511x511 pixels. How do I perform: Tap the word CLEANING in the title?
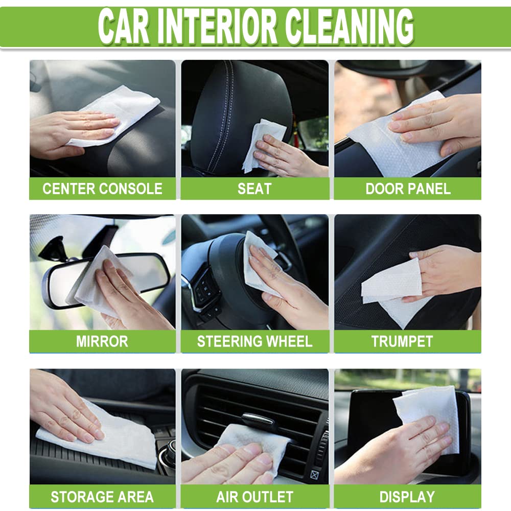pyautogui.click(x=349, y=26)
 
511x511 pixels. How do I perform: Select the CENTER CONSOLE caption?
pyautogui.click(x=102, y=189)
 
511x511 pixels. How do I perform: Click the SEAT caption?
pyautogui.click(x=254, y=189)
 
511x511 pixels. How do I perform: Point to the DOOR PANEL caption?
pyautogui.click(x=408, y=189)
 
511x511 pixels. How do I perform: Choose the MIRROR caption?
pyautogui.click(x=102, y=341)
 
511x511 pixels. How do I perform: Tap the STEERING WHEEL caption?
pyautogui.click(x=254, y=341)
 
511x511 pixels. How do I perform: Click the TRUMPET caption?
pyautogui.click(x=402, y=341)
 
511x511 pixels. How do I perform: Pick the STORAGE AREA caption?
pyautogui.click(x=102, y=496)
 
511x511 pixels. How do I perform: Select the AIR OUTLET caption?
pyautogui.click(x=254, y=496)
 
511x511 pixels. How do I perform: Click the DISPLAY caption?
pyautogui.click(x=407, y=496)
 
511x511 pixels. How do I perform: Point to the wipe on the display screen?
pyautogui.click(x=429, y=409)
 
